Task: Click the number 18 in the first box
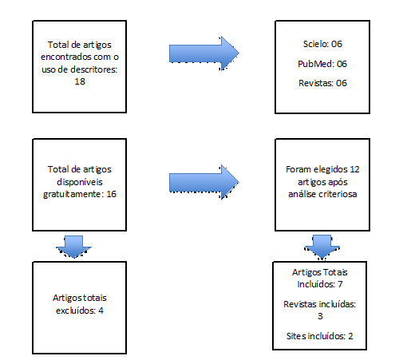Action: point(80,81)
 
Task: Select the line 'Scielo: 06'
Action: point(322,44)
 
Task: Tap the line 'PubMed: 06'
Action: point(322,64)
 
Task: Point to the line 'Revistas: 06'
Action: point(322,83)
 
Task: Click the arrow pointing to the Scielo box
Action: point(204,53)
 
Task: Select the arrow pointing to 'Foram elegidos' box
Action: point(204,182)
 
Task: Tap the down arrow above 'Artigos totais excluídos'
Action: point(73,247)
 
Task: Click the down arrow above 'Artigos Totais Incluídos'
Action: point(322,247)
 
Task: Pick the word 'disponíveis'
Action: point(80,182)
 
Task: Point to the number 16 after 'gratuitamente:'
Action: point(112,194)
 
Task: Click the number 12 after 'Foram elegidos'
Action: point(354,169)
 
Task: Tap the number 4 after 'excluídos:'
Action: point(101,311)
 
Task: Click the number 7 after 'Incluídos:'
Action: point(340,284)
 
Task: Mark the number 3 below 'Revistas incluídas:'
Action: point(320,316)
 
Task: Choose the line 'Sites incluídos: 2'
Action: point(320,336)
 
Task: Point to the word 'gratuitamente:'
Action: point(73,194)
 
